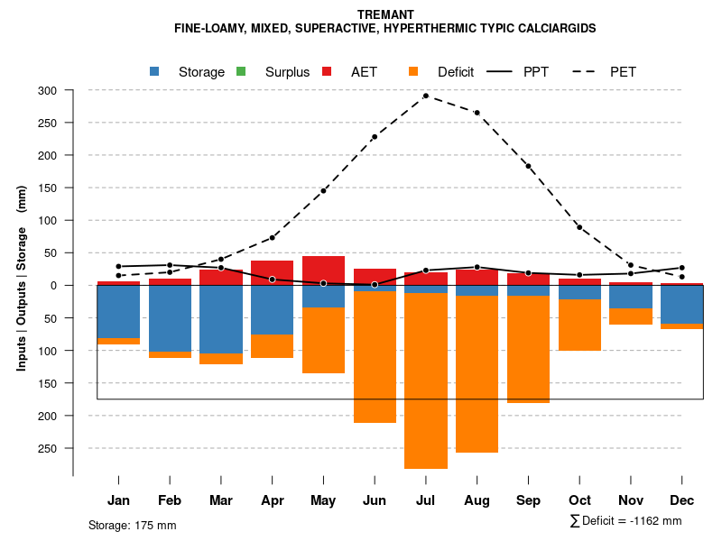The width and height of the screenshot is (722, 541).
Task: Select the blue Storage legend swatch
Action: pos(154,71)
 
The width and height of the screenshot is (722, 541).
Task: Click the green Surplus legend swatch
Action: pos(241,71)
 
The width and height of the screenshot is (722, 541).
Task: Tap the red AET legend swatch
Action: pos(327,71)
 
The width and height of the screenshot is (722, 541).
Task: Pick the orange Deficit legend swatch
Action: pos(413,71)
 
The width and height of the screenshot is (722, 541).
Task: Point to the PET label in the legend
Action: pos(623,72)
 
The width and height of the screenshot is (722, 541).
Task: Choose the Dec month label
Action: pos(681,500)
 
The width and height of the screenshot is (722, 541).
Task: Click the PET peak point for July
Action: pos(425,96)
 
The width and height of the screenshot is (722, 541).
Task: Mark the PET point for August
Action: pos(477,113)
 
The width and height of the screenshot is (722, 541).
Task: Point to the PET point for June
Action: pos(375,137)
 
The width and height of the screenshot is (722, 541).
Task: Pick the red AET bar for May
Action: pos(323,270)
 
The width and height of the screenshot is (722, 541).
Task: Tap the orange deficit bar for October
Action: pos(579,325)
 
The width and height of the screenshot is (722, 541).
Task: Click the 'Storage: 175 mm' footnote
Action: pos(132,525)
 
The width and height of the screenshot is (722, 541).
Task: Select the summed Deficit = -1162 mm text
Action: pos(625,521)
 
